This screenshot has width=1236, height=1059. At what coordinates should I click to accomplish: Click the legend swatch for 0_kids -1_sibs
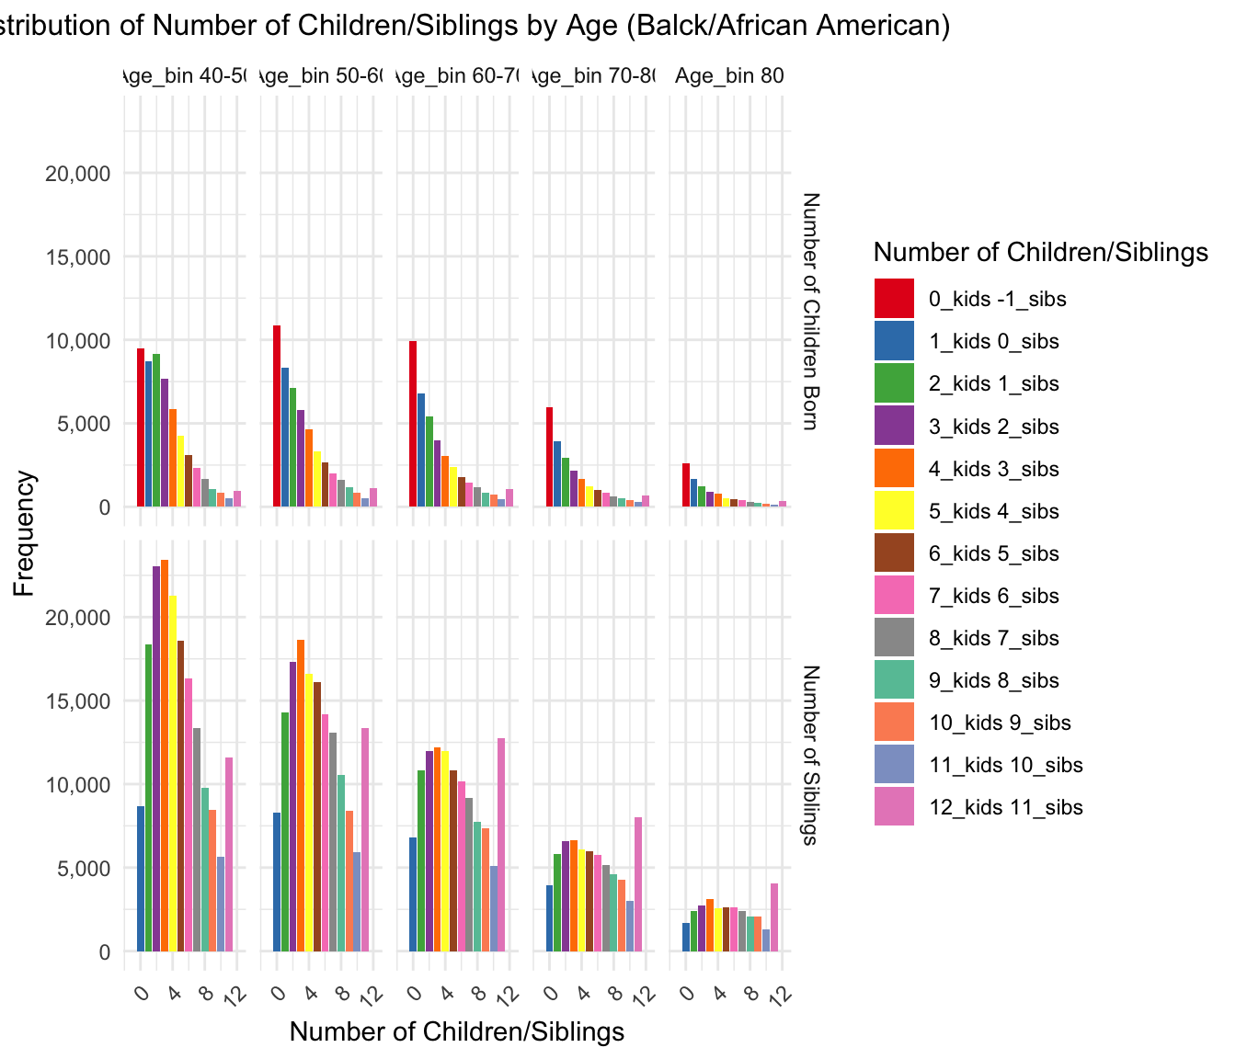894,299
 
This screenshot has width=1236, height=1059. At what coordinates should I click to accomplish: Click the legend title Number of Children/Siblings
1040,252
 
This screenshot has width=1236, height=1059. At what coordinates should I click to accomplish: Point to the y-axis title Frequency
25,533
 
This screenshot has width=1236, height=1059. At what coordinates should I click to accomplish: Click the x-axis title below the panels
457,1031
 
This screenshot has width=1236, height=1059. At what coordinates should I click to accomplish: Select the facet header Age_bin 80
729,75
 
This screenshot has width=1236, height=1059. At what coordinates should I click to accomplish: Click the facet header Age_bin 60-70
457,75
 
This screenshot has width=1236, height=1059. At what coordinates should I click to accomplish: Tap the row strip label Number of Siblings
810,754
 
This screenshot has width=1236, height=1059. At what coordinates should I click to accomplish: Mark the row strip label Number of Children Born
810,311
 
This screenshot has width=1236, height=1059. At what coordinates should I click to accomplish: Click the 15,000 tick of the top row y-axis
78,257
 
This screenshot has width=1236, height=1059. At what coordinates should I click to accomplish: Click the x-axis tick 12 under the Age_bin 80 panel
781,996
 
